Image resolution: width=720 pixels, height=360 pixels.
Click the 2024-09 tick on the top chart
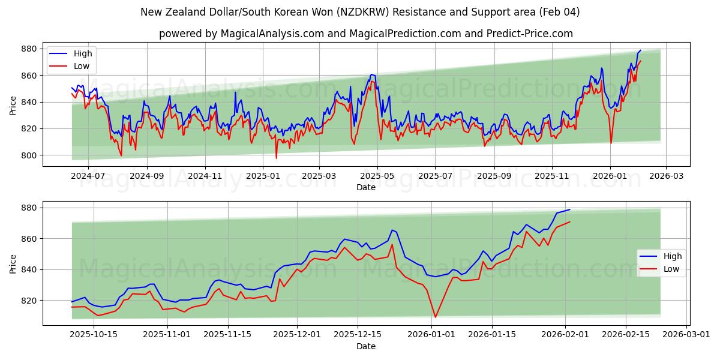click(147, 177)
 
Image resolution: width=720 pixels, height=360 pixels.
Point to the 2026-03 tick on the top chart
click(666, 177)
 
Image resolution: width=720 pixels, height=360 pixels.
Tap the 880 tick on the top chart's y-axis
click(28, 49)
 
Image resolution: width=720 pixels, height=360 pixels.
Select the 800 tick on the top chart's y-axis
click(28, 155)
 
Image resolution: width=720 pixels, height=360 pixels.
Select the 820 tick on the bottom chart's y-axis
click(28, 301)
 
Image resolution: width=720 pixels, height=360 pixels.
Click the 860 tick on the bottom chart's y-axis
click(28, 239)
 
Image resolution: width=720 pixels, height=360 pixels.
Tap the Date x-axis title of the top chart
click(365, 187)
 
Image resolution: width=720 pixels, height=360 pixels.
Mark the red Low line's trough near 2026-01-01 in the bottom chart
click(436, 317)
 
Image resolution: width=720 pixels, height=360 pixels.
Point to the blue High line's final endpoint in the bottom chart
click(569, 209)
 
